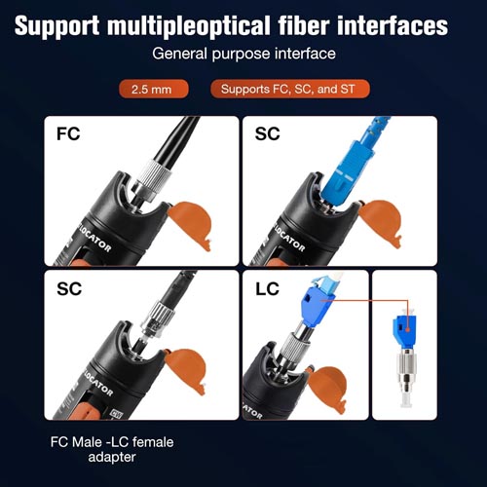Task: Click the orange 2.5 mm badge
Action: tap(154, 89)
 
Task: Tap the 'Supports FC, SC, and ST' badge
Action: tap(290, 89)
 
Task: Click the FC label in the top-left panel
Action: tap(68, 133)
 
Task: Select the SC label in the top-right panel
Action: tap(267, 133)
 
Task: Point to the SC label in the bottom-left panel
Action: tap(69, 288)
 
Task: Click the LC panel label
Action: tap(267, 288)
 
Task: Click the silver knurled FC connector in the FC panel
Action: tap(150, 178)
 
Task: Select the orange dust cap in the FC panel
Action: tap(189, 225)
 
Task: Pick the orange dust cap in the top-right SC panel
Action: tap(381, 223)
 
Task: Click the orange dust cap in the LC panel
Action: tap(327, 389)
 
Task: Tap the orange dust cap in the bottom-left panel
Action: tap(185, 370)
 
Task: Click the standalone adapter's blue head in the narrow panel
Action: tap(405, 329)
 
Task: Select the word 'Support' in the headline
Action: tap(56, 26)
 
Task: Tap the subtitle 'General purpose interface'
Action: tap(243, 54)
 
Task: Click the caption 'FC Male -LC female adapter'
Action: tap(112, 450)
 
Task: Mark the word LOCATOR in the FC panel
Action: tap(94, 239)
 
